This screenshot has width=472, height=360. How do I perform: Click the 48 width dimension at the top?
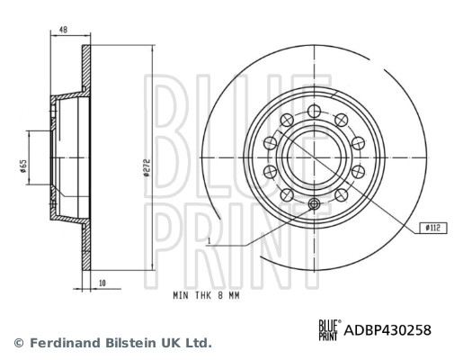click(x=63, y=31)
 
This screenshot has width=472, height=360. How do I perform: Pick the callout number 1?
click(x=208, y=241)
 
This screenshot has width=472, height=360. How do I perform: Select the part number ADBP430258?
click(x=387, y=330)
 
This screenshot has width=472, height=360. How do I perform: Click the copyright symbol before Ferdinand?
click(x=18, y=343)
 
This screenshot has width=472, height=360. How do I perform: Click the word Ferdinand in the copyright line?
click(x=64, y=343)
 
